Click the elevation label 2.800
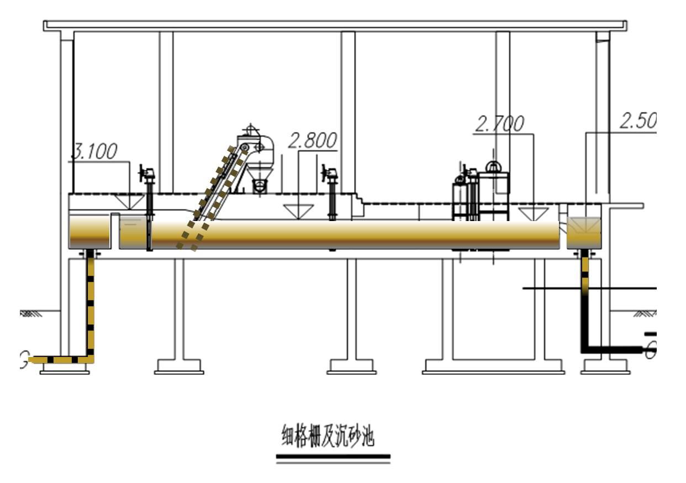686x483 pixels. click(x=313, y=141)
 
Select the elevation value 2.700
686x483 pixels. click(x=499, y=124)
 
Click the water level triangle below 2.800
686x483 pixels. click(x=298, y=211)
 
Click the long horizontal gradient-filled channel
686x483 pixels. click(x=353, y=233)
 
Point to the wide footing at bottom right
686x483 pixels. click(x=493, y=366)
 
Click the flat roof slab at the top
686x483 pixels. click(x=335, y=25)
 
